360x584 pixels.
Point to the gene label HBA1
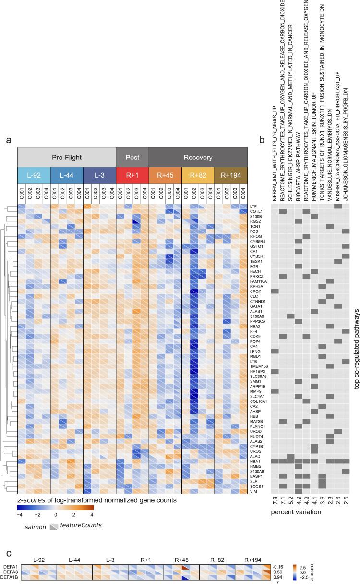(x=254, y=462)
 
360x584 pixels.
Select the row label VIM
(x=253, y=491)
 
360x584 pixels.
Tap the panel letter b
(x=262, y=140)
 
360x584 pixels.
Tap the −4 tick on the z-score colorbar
(x=20, y=514)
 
